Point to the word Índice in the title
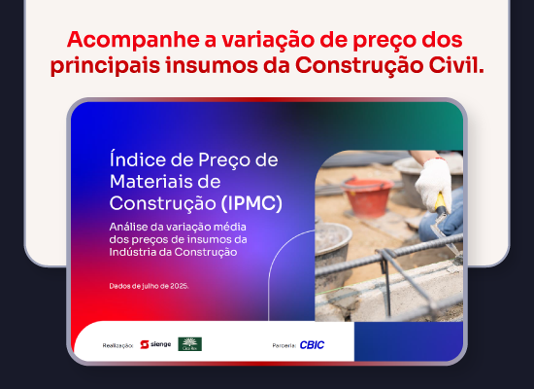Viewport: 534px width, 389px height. [x=136, y=160]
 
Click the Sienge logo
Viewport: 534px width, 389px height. [x=155, y=344]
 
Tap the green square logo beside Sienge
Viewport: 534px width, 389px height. [x=189, y=344]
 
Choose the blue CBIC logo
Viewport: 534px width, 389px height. [x=312, y=345]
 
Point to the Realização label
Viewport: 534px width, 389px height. [x=117, y=345]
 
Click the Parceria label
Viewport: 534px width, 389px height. [x=284, y=345]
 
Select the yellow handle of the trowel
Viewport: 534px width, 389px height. [x=440, y=200]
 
